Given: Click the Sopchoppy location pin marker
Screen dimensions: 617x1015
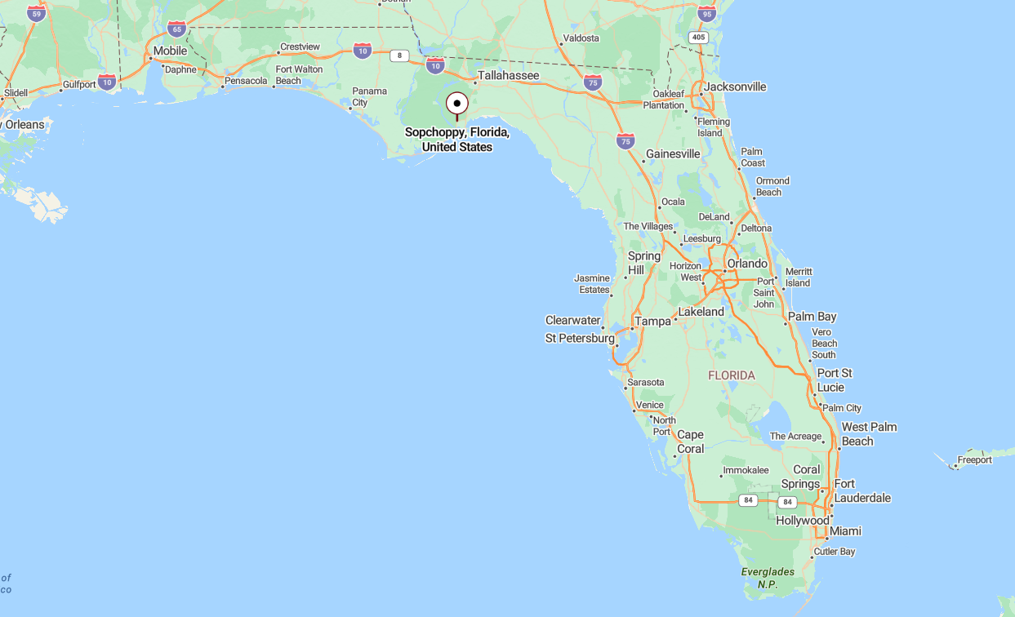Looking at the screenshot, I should point(456,104).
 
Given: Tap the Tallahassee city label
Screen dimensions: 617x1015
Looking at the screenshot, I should point(508,75).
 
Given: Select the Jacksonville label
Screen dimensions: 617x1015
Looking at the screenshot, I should point(735,87).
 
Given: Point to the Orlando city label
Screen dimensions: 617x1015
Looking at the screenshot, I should point(747,264).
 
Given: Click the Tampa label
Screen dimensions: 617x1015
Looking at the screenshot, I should point(652,322).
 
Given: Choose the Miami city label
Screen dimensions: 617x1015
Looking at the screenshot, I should point(845,531).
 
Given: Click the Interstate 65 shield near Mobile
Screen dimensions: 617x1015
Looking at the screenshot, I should point(176,29).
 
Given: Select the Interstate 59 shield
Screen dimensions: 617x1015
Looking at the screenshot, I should point(36,13).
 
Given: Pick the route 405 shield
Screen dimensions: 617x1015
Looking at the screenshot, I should point(697,37).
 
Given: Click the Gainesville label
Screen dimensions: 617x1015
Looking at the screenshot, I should point(673,153).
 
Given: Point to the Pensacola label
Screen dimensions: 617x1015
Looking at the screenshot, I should point(246,81).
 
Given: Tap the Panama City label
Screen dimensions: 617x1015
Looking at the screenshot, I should point(371,97).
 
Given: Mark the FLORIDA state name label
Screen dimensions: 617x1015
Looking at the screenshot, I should point(732,375).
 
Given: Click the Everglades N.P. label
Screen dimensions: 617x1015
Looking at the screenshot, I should point(768,578).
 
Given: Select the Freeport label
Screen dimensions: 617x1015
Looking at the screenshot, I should point(975,460).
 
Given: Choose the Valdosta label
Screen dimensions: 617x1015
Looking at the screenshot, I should point(581,38).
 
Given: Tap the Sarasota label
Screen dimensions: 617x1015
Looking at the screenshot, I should point(645,382).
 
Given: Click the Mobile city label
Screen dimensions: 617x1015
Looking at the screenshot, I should point(170,51).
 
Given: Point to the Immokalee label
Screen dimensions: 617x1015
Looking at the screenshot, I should point(746,470).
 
